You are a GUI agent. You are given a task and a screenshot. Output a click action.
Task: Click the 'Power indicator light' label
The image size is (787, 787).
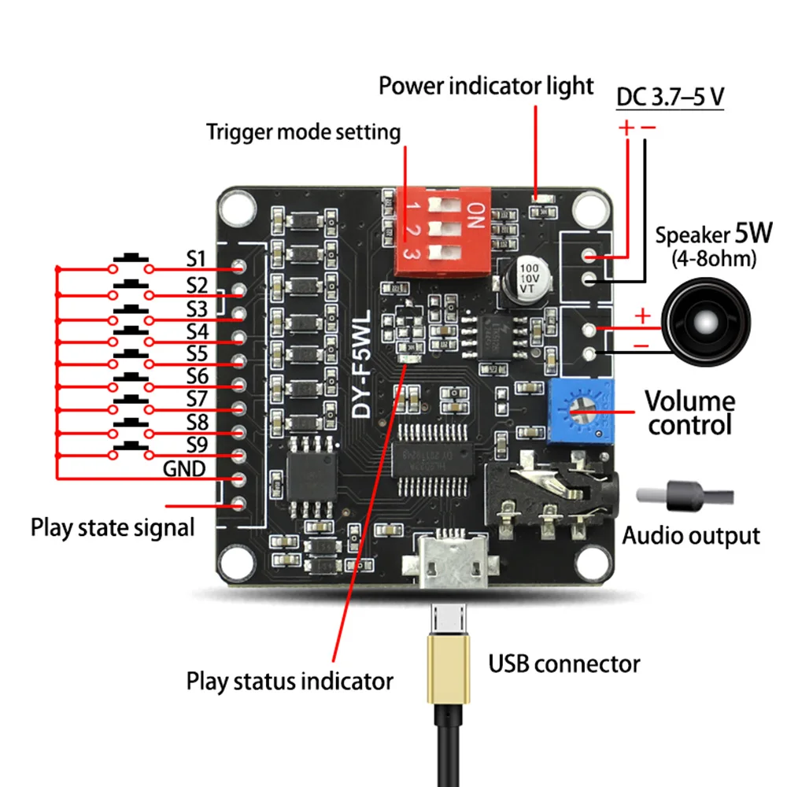(486, 85)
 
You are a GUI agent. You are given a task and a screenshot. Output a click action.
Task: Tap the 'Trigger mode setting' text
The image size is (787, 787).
(303, 131)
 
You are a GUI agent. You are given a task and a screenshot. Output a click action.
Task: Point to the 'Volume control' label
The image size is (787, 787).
(690, 412)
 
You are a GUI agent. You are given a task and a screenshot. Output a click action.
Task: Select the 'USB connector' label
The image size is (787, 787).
(563, 663)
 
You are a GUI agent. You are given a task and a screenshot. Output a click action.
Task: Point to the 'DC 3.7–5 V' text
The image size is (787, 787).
(670, 98)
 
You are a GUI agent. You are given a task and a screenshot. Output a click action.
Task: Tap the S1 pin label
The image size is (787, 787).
(196, 259)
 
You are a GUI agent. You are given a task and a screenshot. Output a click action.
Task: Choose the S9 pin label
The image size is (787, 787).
(196, 445)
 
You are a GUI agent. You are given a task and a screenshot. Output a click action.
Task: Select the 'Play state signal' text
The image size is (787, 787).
(113, 527)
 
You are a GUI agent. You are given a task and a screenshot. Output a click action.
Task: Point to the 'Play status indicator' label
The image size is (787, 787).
(290, 680)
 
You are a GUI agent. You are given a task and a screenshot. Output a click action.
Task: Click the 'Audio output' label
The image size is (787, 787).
(691, 537)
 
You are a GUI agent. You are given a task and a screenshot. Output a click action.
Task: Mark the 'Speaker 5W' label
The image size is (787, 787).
(714, 234)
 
